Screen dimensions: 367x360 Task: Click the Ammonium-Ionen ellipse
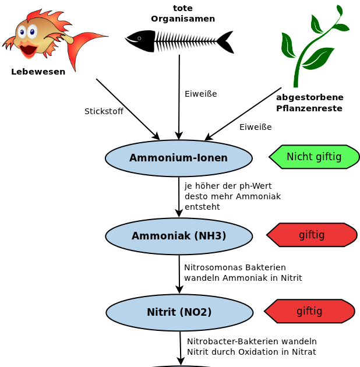click(x=178, y=158)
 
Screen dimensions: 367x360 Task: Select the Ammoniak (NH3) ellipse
click(x=178, y=236)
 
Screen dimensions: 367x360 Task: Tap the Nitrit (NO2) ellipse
click(x=179, y=312)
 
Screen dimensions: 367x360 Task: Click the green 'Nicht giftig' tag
click(x=314, y=157)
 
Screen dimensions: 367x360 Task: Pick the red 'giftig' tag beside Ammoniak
click(x=312, y=235)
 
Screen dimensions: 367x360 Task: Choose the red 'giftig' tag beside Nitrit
click(x=309, y=311)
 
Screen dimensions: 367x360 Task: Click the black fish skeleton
click(x=179, y=41)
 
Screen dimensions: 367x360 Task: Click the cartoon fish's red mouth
click(x=28, y=50)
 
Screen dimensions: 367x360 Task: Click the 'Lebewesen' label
click(x=38, y=72)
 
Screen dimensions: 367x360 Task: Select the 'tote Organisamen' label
click(x=183, y=13)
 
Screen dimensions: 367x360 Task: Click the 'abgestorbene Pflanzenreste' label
click(x=309, y=103)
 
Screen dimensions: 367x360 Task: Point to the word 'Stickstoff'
click(x=104, y=111)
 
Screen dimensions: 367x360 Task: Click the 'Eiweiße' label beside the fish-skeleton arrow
click(x=200, y=94)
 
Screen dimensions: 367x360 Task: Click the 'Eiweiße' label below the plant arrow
click(x=255, y=127)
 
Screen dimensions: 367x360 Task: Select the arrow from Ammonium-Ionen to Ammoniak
click(x=179, y=197)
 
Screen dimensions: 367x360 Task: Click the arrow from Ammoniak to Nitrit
click(x=179, y=274)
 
